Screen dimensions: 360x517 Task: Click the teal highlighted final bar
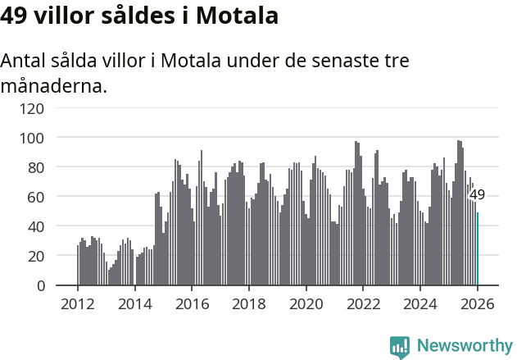[477, 249]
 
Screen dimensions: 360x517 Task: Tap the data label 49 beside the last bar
[477, 195]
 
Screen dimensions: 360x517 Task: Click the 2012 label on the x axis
[78, 303]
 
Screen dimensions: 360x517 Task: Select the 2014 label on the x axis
[135, 303]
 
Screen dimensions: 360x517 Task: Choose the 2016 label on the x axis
[192, 303]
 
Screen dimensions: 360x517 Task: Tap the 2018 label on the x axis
[249, 303]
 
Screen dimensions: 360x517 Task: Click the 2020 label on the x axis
[306, 303]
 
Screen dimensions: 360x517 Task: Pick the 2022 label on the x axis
[363, 303]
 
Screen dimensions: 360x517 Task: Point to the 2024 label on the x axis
[420, 303]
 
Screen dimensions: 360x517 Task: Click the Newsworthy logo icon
[400, 346]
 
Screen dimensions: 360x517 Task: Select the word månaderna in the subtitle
[53, 86]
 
